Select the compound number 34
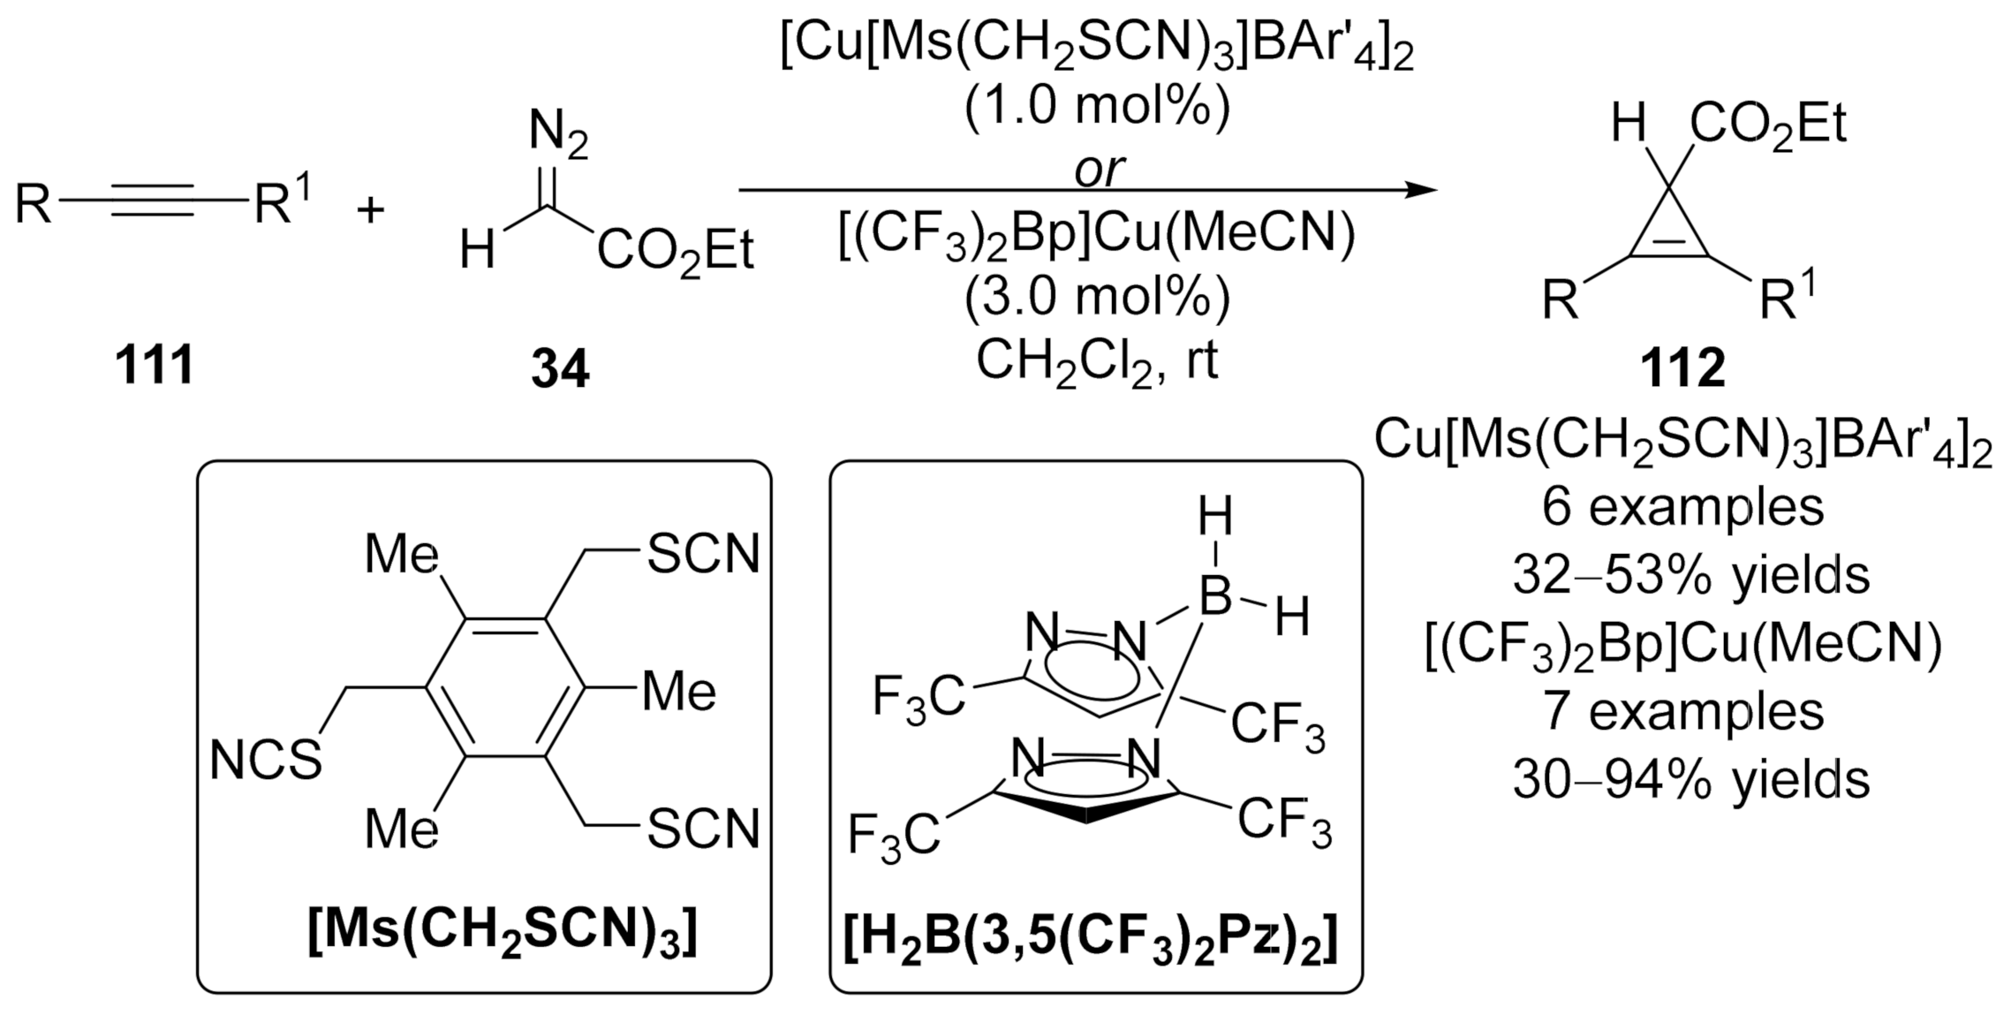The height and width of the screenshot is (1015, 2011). (559, 368)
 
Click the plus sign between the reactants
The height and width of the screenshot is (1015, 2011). (370, 210)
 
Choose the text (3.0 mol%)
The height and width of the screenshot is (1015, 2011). (1097, 299)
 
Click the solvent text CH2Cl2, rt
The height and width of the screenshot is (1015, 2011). (1097, 360)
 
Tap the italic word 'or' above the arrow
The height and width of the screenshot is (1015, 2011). (1099, 169)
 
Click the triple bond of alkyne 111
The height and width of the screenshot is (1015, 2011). (152, 201)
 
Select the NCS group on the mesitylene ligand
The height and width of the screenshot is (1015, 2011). (266, 760)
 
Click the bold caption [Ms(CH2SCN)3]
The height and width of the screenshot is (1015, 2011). (503, 933)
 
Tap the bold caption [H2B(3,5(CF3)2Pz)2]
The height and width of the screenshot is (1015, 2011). (1091, 935)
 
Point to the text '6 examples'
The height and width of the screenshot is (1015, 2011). (1682, 507)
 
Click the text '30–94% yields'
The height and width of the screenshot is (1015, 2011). (1690, 780)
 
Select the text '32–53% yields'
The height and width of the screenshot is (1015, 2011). (1690, 575)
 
